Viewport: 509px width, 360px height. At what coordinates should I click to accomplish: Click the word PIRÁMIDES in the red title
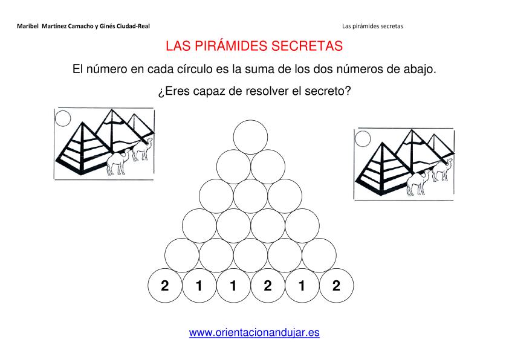coord(231,46)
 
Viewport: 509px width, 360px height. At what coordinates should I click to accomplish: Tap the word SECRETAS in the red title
coord(307,46)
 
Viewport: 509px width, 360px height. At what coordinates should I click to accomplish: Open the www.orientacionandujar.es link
coord(254,332)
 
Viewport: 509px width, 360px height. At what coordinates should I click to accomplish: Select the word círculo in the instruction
coord(195,69)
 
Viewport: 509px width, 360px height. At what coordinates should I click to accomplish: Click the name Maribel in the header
coord(28,26)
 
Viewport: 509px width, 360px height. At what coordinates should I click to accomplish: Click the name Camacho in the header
coord(80,26)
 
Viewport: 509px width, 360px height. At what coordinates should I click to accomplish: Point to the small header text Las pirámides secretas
coord(372,26)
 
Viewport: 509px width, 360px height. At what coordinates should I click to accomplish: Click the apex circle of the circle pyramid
coord(250,137)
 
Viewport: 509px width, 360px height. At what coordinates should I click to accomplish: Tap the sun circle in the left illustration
coord(63,118)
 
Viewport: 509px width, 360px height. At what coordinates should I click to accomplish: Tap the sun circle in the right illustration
coord(363,139)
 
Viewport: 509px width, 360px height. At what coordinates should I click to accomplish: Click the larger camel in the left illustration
coord(118,162)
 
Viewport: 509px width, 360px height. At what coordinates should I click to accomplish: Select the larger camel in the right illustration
coord(418,182)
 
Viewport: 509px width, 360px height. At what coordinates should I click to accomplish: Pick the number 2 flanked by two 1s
coord(267,286)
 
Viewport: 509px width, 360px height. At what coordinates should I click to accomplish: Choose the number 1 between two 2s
coord(302,286)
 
